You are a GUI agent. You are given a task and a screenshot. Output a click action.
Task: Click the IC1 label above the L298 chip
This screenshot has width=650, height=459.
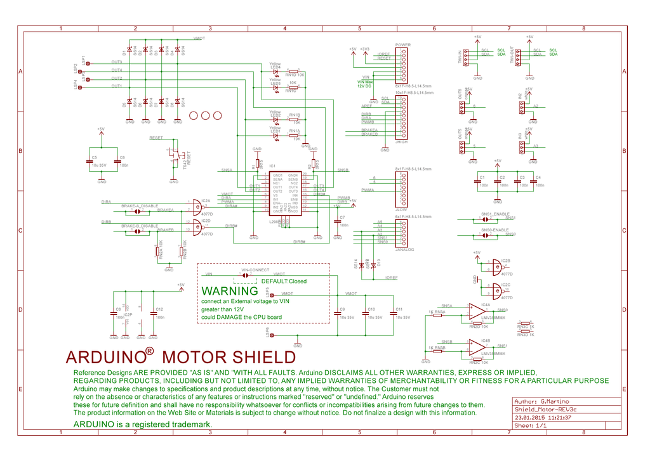(x=272, y=166)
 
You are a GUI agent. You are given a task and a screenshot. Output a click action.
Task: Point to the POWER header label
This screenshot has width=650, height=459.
(x=402, y=45)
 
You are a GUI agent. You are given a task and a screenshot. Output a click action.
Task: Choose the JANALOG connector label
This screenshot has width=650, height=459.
(x=404, y=249)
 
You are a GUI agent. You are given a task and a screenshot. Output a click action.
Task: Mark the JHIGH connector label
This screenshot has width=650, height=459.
(x=401, y=142)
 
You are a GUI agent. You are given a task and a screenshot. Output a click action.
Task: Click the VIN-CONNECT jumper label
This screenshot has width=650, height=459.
(x=255, y=270)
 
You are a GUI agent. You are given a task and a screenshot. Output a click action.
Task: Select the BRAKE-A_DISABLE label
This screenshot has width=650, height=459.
(x=140, y=205)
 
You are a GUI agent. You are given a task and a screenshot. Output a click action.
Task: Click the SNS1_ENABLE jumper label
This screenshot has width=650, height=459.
(x=494, y=214)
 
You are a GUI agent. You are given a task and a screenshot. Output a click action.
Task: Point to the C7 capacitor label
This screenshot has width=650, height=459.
(x=342, y=217)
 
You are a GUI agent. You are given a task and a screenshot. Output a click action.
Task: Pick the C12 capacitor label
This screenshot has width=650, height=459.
(x=159, y=309)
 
